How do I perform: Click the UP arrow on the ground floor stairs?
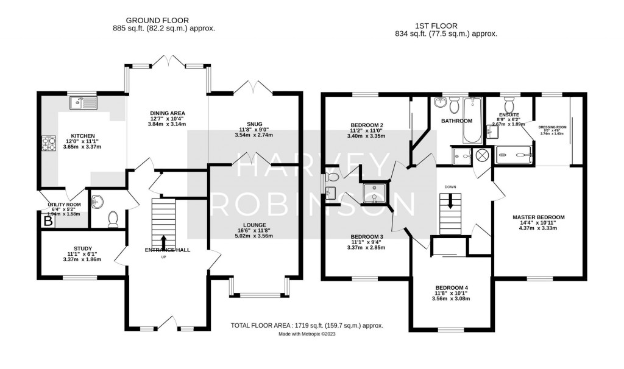(163, 241)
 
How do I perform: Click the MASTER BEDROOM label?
(538, 217)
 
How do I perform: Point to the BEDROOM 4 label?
(452, 287)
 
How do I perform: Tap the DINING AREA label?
(167, 113)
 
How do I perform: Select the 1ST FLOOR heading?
(446, 26)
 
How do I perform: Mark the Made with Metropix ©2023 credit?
(307, 334)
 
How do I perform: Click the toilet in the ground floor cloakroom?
(113, 219)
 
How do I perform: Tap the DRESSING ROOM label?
(553, 127)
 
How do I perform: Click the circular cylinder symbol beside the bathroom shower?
(481, 156)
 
